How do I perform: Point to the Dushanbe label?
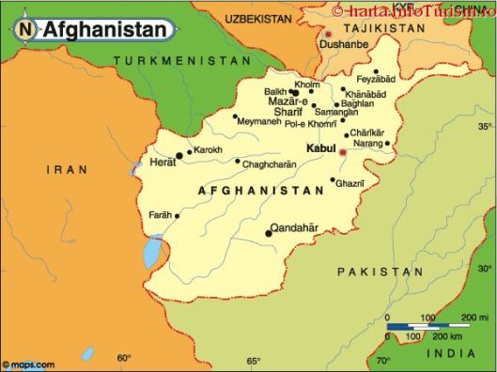343,43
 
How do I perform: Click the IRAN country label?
68,170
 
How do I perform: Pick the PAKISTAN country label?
381,271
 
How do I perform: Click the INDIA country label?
450,353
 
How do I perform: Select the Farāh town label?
161,215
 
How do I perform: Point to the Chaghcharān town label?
270,164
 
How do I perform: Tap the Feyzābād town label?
375,81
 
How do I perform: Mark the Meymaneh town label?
259,122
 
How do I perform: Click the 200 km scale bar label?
446,335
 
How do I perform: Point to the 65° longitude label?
253,361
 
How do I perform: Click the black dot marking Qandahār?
268,233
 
